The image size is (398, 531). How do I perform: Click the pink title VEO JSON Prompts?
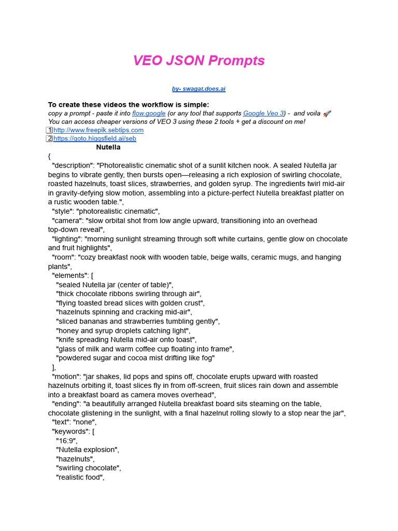(198, 61)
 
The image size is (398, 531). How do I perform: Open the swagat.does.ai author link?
(198, 89)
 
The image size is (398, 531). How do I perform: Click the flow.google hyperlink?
(149, 113)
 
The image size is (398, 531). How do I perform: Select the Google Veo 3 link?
(263, 113)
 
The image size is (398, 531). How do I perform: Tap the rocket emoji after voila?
(326, 113)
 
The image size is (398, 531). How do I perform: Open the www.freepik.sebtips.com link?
(98, 130)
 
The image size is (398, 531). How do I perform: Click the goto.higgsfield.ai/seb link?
(95, 139)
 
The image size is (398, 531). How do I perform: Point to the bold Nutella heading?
(108, 147)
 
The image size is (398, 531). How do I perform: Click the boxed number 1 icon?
(50, 130)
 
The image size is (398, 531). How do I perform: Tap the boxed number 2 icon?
(50, 139)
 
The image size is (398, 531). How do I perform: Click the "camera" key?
(67, 220)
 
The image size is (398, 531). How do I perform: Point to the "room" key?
(64, 257)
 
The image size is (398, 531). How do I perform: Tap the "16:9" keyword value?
(66, 441)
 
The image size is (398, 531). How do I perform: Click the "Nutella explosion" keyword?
(88, 450)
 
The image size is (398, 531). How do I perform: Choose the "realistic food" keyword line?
(80, 478)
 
